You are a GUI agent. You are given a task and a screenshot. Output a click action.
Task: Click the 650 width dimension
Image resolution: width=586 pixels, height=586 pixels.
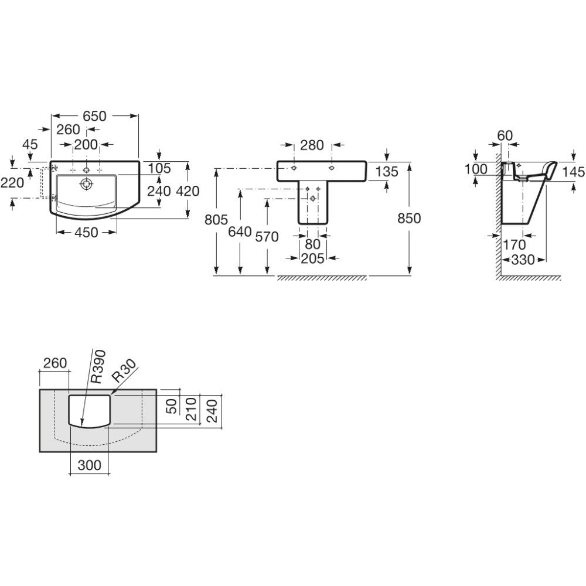94,116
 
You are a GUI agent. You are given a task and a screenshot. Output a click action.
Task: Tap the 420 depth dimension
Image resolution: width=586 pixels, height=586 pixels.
188,191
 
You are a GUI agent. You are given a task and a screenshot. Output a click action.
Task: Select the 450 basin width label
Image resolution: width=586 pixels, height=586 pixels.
86,233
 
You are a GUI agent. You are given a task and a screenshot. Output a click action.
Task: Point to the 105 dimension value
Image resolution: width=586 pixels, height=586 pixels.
159,169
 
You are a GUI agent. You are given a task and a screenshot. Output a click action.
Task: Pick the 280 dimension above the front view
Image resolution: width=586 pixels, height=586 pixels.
312,145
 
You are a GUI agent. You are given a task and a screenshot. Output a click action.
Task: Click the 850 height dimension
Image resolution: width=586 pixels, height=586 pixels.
409,218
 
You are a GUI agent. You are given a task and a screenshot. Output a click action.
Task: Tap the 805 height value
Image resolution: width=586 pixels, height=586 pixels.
216,220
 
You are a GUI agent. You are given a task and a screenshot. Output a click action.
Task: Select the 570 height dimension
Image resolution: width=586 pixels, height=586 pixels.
267,237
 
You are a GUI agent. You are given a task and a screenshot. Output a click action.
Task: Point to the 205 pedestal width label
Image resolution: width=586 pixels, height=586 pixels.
313,258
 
